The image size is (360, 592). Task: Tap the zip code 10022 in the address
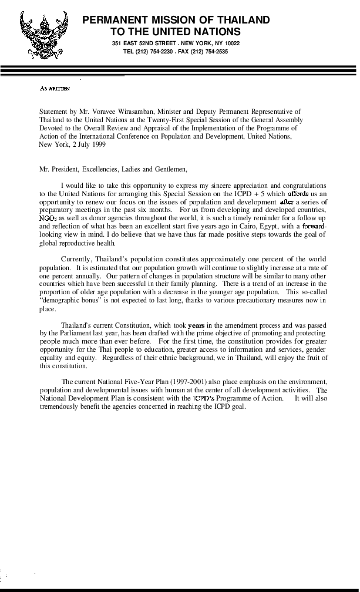pos(232,43)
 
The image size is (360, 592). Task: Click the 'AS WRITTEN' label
pos(55,89)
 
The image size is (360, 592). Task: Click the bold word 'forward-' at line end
pos(314,226)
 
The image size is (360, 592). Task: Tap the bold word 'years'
pos(196,325)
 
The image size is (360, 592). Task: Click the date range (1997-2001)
pos(189,382)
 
